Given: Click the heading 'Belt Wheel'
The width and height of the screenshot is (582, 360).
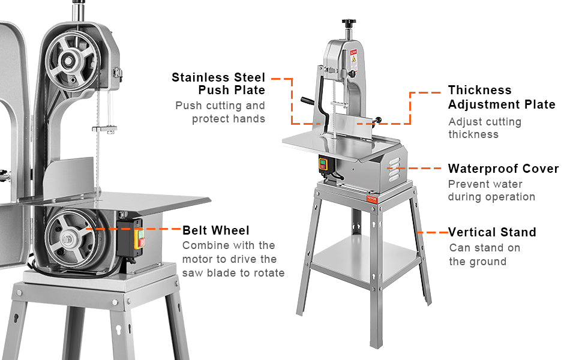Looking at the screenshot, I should (216, 230).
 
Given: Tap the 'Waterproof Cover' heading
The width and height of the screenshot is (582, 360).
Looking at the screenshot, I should (503, 169).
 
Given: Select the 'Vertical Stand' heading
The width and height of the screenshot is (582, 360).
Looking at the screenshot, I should (492, 232).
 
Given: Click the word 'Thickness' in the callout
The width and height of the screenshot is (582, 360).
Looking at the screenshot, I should (480, 90).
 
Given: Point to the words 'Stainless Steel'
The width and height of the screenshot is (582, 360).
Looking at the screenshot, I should (218, 77).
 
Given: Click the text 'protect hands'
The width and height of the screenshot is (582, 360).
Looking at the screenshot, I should (229, 119).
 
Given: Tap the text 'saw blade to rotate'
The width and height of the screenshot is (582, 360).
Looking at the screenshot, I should (233, 273).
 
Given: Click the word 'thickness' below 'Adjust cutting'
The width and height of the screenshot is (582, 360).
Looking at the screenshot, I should (473, 134).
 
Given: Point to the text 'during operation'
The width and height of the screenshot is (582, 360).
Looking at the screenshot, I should (491, 197).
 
